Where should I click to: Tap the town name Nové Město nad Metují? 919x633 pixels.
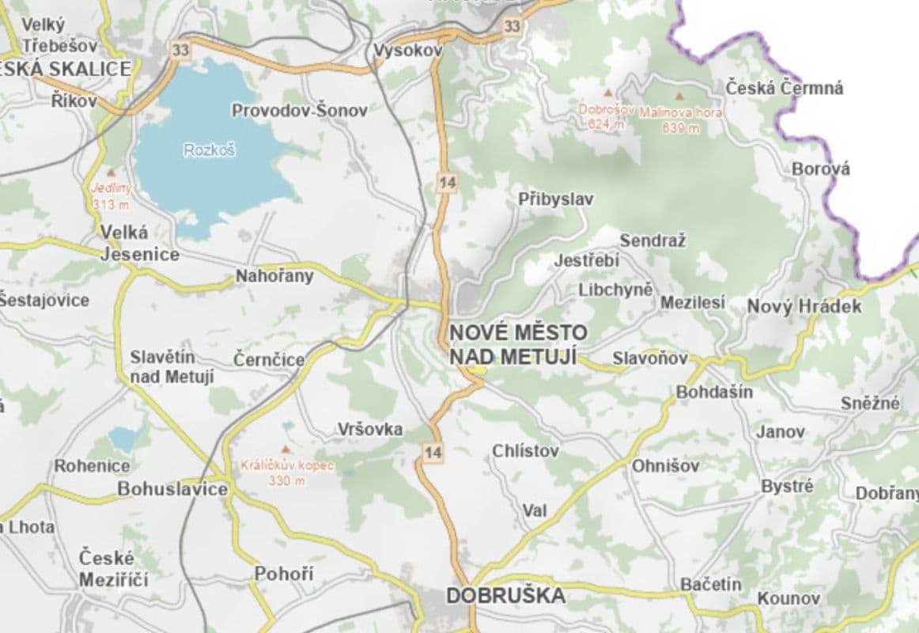518,343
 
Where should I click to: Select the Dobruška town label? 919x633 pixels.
505,595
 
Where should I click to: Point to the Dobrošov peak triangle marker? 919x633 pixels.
607,93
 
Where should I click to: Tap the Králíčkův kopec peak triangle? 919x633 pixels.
286,449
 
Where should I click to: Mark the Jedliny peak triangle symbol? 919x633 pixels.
112,172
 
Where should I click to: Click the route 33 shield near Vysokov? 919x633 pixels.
512,26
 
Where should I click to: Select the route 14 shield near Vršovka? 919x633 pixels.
433,453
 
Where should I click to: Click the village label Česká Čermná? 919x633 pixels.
785,88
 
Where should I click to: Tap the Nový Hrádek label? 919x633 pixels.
804,306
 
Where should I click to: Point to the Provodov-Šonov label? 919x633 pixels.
299,111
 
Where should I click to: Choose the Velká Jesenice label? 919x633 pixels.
139,243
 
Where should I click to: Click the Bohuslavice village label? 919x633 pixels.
172,489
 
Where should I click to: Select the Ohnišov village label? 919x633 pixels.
665,466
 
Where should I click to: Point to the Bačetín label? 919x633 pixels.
711,584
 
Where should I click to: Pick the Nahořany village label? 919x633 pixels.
274,276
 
